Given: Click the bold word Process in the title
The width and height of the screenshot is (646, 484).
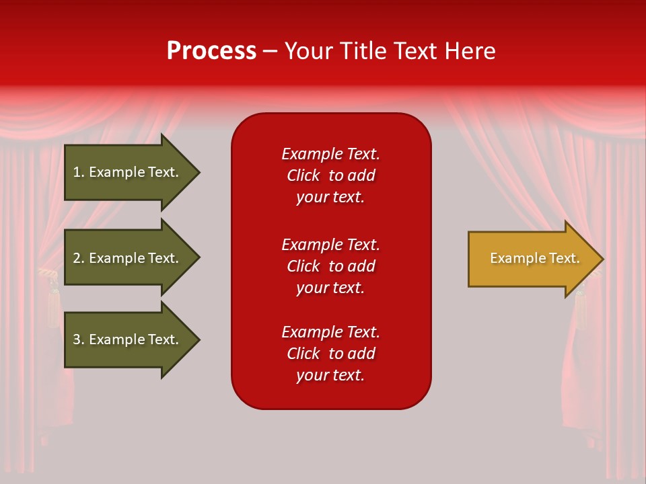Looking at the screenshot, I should point(211,51).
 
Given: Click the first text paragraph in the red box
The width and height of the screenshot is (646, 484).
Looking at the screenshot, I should point(330,175).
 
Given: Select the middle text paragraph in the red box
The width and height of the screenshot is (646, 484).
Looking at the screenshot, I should point(330,266).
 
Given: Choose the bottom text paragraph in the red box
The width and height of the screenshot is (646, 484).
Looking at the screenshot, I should point(330,354).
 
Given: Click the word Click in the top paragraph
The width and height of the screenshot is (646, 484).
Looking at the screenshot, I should point(303,175).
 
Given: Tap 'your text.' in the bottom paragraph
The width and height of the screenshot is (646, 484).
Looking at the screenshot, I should point(330,375).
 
